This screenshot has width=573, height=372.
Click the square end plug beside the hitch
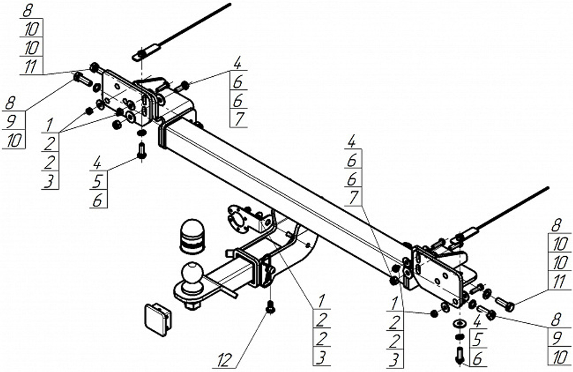click(155, 317)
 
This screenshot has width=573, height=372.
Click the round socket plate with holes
click(236, 217)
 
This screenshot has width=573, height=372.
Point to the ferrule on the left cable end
click(144, 53)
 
